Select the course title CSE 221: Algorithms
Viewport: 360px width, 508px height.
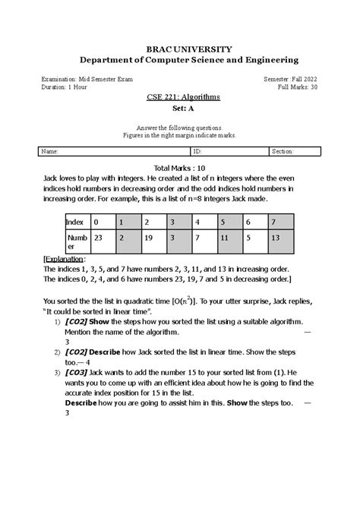tap(180, 99)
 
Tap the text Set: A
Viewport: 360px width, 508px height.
tap(180, 109)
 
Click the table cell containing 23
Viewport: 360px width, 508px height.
tap(99, 238)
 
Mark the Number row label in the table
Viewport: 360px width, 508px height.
tap(74, 241)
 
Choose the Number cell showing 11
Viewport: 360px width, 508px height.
tap(226, 238)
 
